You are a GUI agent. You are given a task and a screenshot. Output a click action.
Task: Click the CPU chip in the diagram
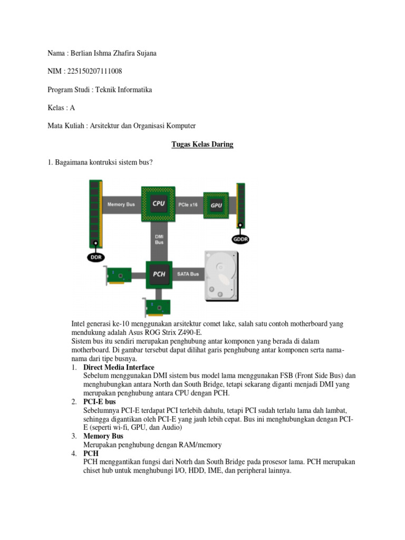tap(158, 204)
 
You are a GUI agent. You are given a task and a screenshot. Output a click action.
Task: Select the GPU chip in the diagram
tap(216, 205)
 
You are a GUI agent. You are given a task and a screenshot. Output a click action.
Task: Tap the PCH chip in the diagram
tap(159, 274)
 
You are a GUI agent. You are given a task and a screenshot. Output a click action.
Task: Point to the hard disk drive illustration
tap(221, 276)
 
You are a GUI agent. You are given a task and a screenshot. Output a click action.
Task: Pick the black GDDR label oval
tap(240, 239)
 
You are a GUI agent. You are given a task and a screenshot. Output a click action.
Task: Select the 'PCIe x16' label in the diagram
tap(188, 205)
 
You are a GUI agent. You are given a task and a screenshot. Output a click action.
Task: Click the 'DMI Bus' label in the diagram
tap(159, 239)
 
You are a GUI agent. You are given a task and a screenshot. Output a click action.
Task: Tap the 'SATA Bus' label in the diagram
tap(188, 274)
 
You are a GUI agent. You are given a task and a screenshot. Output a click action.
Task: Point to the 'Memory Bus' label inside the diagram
tap(121, 204)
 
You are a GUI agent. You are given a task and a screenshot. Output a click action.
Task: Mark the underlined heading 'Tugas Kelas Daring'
tap(202, 144)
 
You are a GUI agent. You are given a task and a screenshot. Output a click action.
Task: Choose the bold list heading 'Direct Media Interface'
tap(119, 367)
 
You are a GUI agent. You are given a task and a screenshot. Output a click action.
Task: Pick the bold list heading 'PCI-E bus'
tap(100, 402)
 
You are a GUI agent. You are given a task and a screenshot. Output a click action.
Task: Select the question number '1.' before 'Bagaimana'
tap(51, 162)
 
